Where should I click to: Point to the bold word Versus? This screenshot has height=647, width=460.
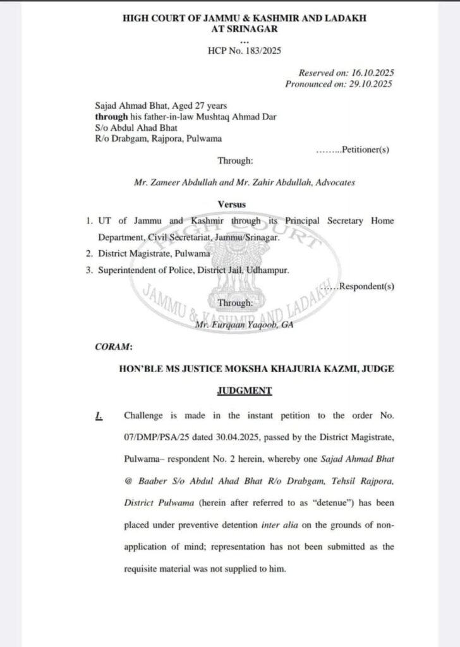pyautogui.click(x=231, y=205)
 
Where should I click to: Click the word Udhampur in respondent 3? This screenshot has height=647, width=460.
pyautogui.click(x=268, y=270)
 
